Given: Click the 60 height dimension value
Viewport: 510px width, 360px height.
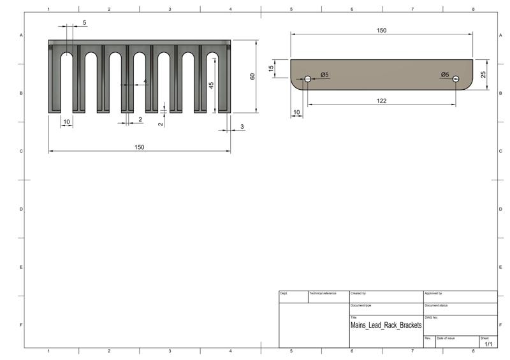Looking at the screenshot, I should coord(252,76).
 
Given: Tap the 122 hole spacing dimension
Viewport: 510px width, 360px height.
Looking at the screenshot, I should coord(381,100).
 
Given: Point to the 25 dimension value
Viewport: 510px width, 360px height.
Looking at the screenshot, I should coord(483,74).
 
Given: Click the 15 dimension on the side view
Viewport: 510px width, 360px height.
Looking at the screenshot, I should coord(271,68).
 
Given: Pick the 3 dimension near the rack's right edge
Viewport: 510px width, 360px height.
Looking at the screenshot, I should coord(242,128).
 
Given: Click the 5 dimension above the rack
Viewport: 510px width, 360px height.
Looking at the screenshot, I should coord(85,22).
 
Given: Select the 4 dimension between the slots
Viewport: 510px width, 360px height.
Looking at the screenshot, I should coord(145,82).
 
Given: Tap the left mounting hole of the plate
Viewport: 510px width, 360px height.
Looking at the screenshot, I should coord(307,78).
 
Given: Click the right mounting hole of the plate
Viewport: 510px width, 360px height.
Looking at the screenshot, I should coord(456,78).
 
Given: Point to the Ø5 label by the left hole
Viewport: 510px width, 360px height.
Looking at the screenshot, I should coord(324,75).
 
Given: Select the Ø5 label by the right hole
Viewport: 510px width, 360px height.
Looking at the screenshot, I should coord(445,75).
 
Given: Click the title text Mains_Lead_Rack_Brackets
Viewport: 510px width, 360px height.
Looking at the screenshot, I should coord(386,325).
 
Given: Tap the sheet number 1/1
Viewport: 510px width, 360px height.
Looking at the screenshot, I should coord(489,344).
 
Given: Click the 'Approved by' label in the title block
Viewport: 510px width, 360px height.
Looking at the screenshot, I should coord(433,293).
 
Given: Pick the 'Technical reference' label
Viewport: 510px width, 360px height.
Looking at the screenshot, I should coord(323,293).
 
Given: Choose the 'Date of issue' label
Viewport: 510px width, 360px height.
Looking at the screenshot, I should coord(446,338).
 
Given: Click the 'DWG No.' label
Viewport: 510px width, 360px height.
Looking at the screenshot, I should coord(432,317).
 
